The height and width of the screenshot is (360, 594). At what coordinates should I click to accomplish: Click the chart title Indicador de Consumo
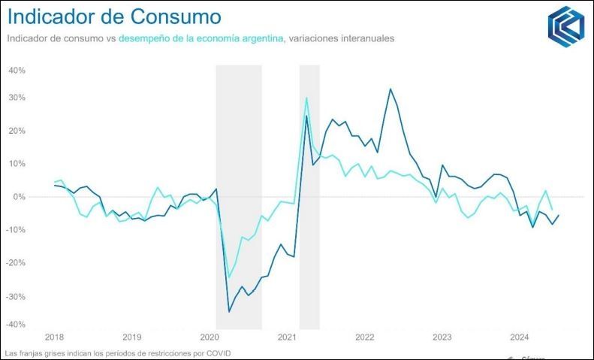tap(114, 17)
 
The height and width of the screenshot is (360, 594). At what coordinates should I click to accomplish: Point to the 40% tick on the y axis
tap(17, 71)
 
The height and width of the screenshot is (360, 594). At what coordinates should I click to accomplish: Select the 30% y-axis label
tap(17, 98)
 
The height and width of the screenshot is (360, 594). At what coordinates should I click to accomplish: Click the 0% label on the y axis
tap(19, 197)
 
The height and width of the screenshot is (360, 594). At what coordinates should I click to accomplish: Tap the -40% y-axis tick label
tap(15, 325)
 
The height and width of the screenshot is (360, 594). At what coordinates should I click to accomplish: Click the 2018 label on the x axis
tap(54, 337)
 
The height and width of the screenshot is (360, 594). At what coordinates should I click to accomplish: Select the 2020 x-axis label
tap(210, 337)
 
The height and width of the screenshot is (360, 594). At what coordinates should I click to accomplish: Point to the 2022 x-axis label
tap(365, 337)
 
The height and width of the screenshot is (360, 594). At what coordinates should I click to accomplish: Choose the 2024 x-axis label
tap(520, 337)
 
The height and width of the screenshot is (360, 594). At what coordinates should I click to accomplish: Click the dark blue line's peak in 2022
tap(390, 89)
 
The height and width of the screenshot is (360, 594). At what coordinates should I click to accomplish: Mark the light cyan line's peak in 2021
tap(306, 98)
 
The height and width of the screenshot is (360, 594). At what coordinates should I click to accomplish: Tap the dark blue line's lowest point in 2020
tap(229, 311)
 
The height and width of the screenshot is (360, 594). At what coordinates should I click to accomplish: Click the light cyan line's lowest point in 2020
tap(229, 277)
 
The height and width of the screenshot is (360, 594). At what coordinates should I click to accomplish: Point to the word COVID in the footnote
tap(219, 352)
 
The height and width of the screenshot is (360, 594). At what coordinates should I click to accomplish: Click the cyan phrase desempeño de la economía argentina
tap(201, 38)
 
